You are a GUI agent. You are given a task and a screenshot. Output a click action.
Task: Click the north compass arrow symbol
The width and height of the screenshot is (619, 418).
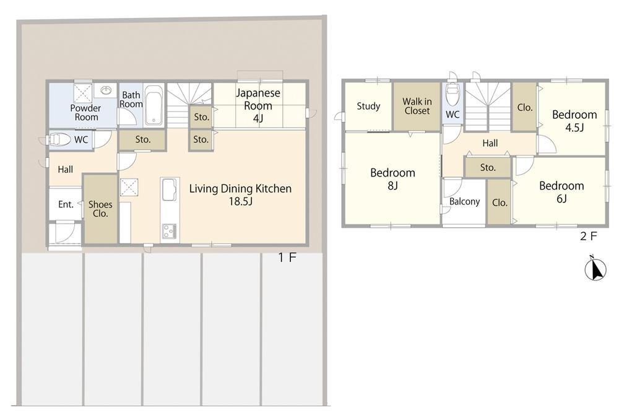595,269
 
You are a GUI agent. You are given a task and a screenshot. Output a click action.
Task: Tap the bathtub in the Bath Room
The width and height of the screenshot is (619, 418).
154,104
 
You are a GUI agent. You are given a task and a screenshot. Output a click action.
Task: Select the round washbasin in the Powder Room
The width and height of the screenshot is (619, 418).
106,90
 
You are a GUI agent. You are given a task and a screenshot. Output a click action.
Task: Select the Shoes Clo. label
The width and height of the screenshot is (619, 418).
100,209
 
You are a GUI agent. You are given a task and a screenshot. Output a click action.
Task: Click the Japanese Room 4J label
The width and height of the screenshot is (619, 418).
258,105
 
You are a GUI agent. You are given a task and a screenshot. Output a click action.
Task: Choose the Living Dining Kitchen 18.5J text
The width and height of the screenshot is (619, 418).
240,194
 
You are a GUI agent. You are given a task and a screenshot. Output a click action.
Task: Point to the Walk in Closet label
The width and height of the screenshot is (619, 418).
417,107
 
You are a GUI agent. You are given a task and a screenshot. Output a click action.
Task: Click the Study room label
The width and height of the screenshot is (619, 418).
368,106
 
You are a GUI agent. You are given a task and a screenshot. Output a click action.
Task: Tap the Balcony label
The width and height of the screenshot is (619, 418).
464,201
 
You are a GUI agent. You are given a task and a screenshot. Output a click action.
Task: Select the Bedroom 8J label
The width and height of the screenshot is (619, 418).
392,179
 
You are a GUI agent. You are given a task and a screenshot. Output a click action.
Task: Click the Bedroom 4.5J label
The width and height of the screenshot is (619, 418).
574,121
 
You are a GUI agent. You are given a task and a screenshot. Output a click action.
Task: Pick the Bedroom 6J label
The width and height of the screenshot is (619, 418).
561,191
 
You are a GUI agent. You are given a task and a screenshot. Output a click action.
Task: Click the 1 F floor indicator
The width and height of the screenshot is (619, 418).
287,258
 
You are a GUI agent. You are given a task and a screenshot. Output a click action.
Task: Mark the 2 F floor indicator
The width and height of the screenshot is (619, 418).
588,237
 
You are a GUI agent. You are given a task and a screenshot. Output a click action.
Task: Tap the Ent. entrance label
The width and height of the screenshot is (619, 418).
66,204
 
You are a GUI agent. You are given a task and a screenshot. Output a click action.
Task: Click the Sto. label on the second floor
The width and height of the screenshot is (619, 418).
488,168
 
